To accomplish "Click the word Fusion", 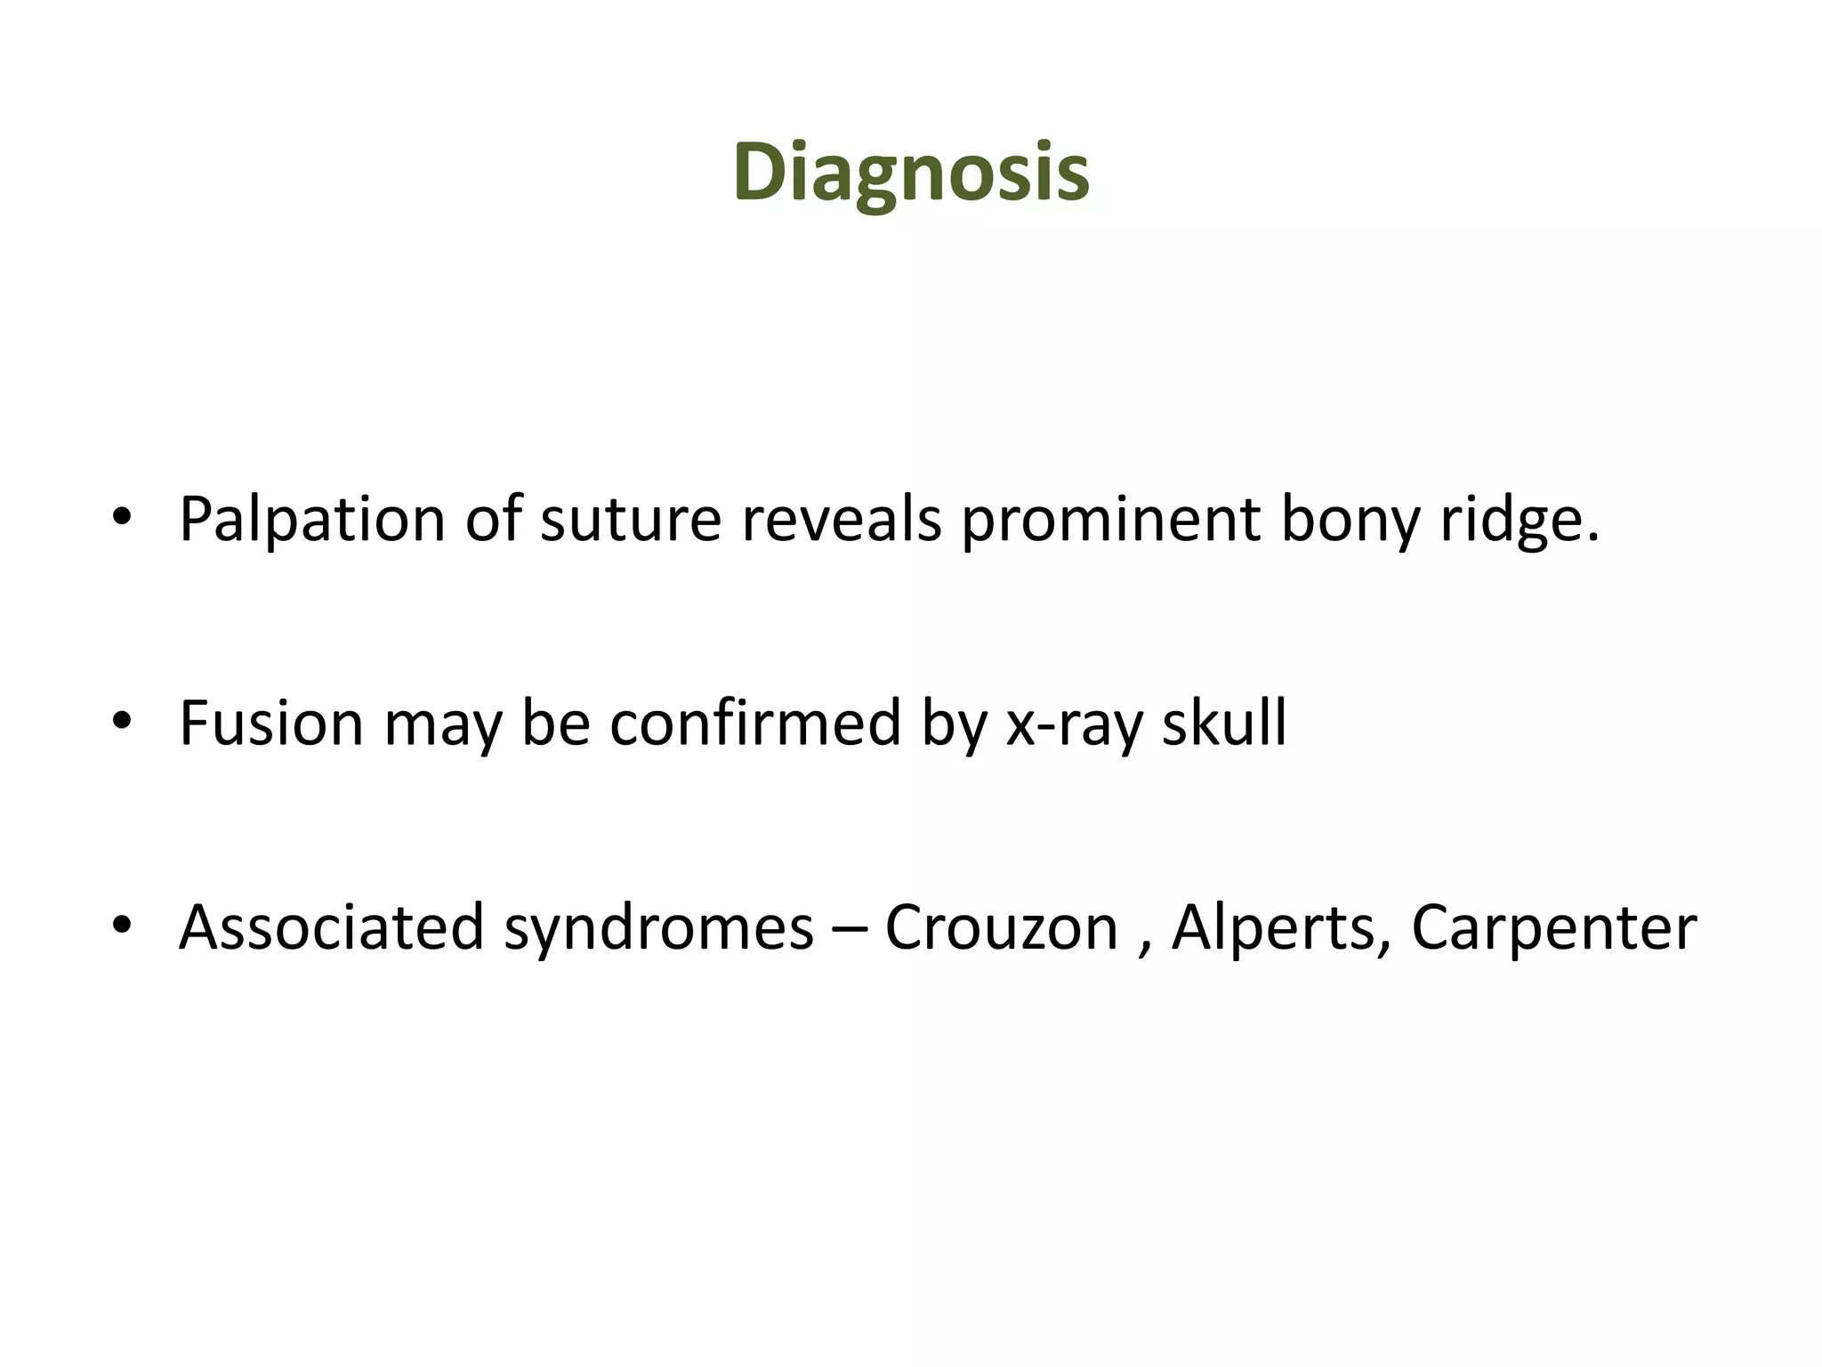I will click(x=271, y=723).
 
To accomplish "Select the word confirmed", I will click(x=755, y=723).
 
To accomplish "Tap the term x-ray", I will click(x=1074, y=723).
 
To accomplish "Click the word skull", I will click(x=1224, y=723).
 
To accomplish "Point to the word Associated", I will click(x=331, y=927).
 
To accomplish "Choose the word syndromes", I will click(x=658, y=927).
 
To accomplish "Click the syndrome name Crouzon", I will click(x=1001, y=927).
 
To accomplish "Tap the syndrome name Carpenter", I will click(x=1553, y=927).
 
